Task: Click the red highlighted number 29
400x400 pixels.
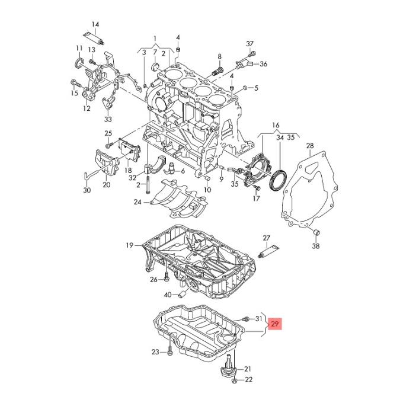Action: (276, 324)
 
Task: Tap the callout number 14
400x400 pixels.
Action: (95, 24)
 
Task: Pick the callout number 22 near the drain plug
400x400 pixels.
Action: (248, 379)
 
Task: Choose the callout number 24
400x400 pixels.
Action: (137, 203)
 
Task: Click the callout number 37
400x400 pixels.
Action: (249, 44)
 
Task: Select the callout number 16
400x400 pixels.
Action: (276, 126)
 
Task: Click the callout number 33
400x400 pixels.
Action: (108, 119)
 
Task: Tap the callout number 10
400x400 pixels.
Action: (207, 190)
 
